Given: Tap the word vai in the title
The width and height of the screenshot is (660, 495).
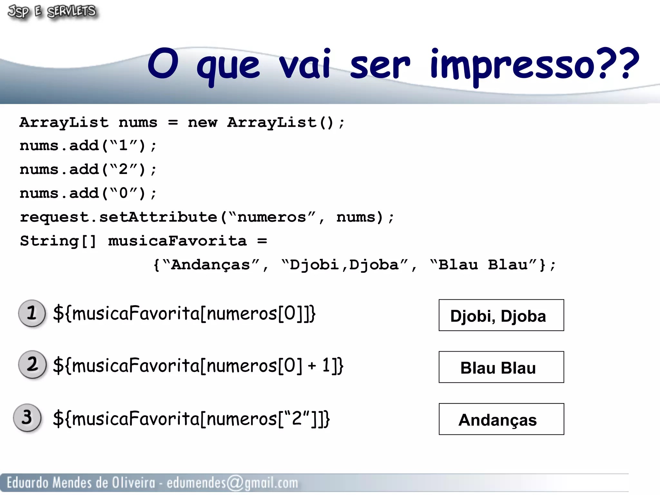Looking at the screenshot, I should click(305, 64).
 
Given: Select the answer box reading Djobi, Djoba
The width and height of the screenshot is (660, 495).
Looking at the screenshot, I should click(501, 315).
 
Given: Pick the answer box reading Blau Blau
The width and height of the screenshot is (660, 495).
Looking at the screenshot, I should click(501, 367).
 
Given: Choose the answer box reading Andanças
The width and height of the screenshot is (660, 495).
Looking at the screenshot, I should click(501, 419).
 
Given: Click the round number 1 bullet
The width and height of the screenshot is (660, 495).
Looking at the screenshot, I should click(32, 313).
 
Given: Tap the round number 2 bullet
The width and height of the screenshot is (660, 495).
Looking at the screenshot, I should click(32, 364).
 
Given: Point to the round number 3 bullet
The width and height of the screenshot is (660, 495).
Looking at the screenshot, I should click(27, 417).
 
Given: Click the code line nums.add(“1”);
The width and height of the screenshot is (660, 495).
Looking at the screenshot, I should click(88, 146).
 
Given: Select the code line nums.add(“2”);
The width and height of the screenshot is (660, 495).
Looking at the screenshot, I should click(88, 170).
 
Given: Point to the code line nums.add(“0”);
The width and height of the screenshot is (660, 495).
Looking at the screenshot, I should click(88, 193).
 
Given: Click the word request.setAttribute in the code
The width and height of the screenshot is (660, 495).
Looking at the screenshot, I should click(119, 217).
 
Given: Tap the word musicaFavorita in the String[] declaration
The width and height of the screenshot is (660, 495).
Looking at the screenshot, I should click(177, 241).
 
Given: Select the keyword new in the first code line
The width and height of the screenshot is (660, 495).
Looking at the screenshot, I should click(202, 122).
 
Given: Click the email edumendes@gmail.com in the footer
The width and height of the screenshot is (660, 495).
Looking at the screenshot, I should click(232, 483).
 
